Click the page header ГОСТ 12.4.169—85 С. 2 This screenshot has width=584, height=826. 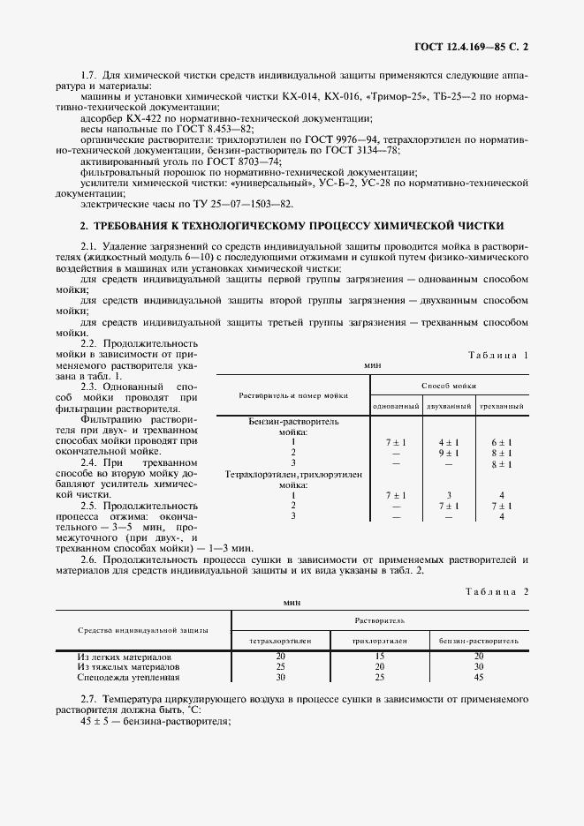[478, 43]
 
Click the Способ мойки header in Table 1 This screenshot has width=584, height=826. [448, 386]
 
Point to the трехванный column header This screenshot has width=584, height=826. [501, 406]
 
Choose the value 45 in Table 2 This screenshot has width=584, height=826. [478, 678]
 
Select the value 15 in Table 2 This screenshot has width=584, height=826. [379, 656]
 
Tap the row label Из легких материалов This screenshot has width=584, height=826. [119, 656]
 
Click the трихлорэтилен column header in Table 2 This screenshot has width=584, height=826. [379, 638]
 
